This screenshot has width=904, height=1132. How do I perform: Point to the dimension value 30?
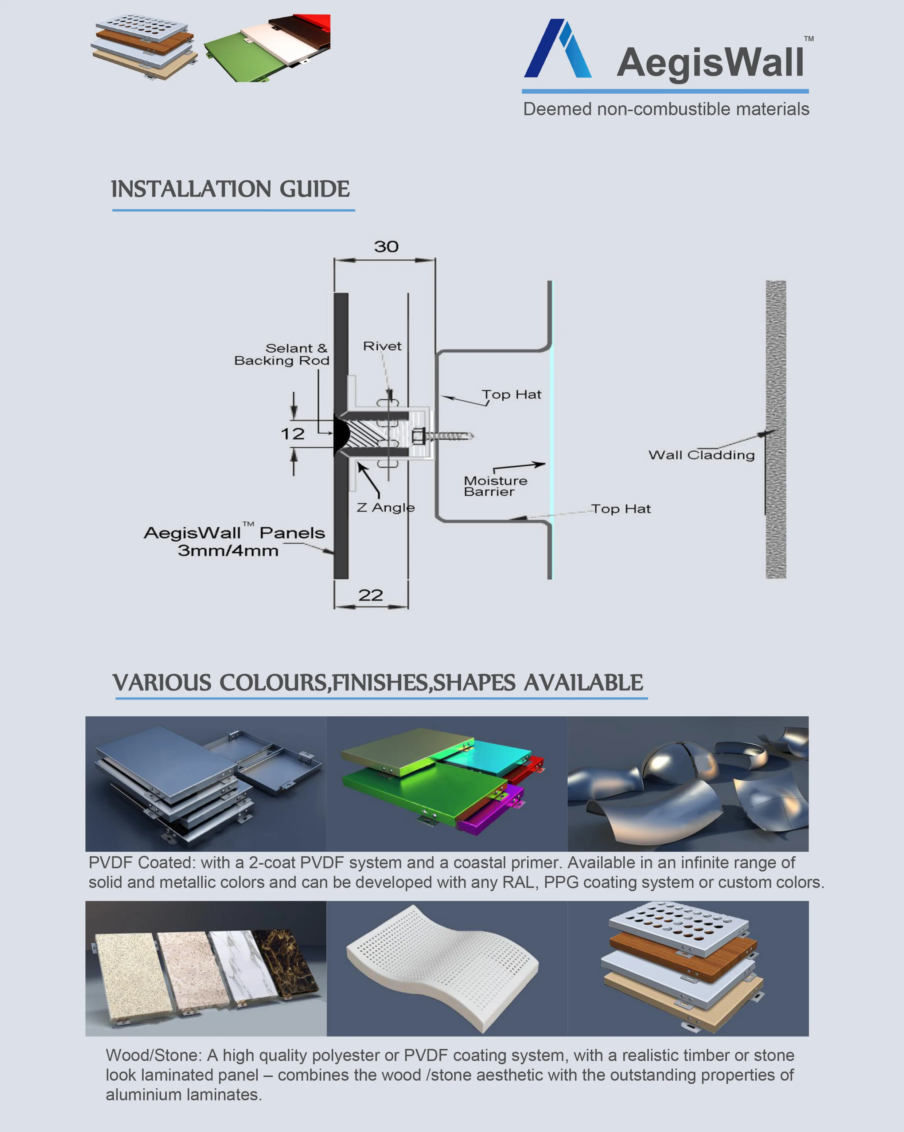[x=386, y=247]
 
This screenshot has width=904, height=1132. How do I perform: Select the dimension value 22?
[x=370, y=595]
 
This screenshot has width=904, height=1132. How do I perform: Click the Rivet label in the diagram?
[x=382, y=346]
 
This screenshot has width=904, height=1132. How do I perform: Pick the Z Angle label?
[x=386, y=508]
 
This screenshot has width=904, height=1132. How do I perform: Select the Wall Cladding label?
[x=701, y=455]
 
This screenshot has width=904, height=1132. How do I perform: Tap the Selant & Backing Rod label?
[x=282, y=355]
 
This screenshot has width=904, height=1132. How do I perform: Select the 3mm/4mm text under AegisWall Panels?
[x=228, y=551]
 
